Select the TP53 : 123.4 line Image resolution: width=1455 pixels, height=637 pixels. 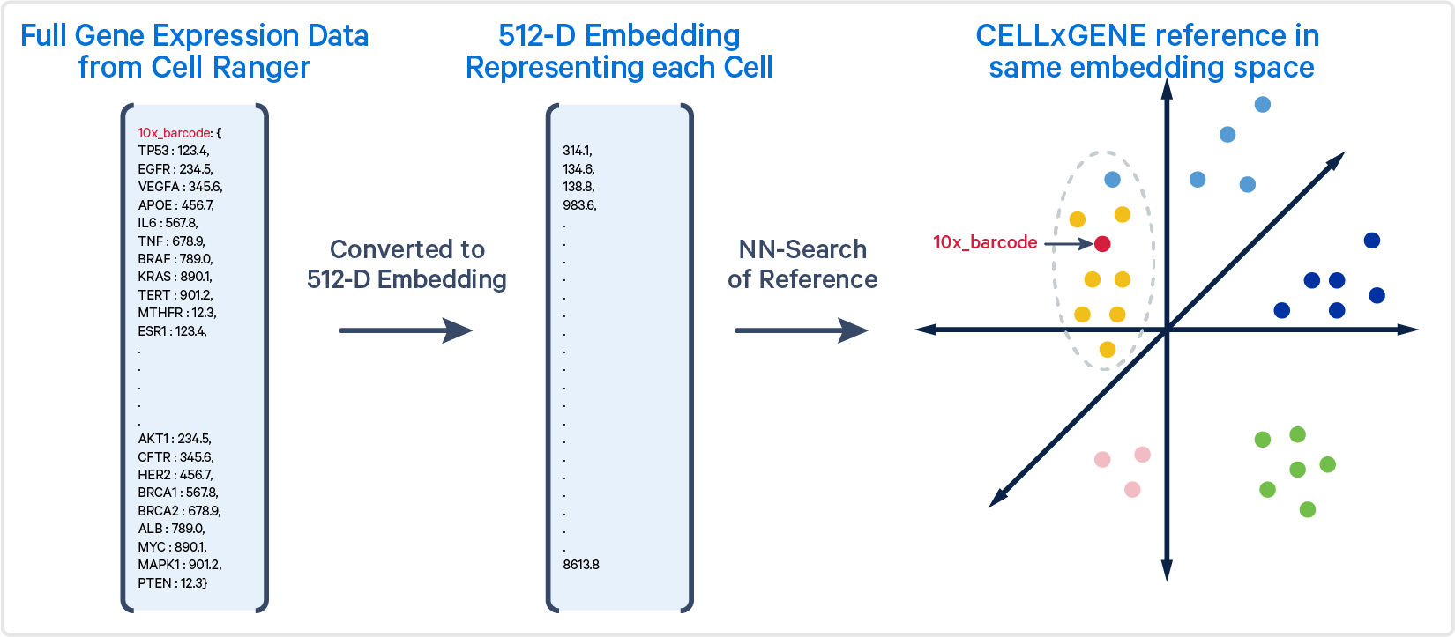pos(173,151)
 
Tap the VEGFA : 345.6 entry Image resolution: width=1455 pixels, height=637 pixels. pos(180,187)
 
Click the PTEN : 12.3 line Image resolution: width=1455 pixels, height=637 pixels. pos(173,582)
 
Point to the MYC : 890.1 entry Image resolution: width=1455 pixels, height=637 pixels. pos(173,547)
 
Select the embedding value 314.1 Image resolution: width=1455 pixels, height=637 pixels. pos(578,151)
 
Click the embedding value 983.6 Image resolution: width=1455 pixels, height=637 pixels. pos(579,204)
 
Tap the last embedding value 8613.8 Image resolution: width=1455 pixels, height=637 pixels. pos(581,564)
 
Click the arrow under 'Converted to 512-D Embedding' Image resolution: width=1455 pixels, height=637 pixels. pos(407,330)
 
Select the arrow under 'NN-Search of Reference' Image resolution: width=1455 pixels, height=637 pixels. pos(802,330)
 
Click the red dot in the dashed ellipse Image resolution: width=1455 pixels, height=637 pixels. pos(1102,243)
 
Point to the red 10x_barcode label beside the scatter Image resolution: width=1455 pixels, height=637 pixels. pos(985,242)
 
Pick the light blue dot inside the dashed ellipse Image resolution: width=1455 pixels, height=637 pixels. pos(1112,179)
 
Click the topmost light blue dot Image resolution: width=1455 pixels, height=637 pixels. pos(1262,105)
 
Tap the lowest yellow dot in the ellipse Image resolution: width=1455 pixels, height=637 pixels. pos(1107,350)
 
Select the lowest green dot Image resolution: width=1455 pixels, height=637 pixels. pos(1308,509)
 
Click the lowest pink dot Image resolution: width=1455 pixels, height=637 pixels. pos(1132,489)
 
